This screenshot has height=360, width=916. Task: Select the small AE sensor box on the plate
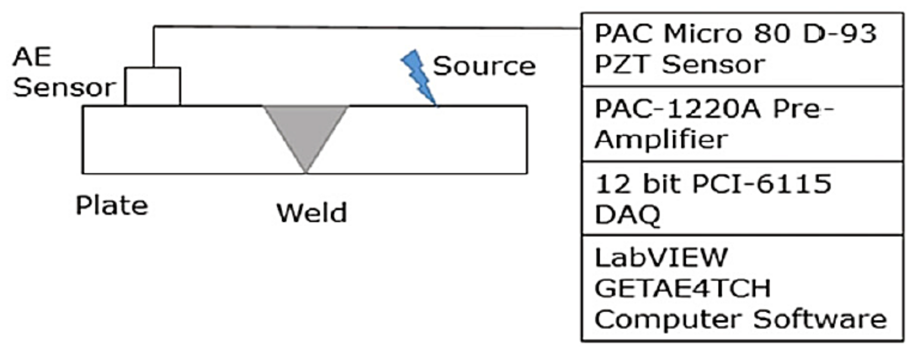pyautogui.click(x=153, y=86)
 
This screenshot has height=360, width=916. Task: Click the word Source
pyautogui.click(x=484, y=66)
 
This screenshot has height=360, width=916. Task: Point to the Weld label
pyautogui.click(x=312, y=213)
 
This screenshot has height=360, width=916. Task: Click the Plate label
pyautogui.click(x=112, y=205)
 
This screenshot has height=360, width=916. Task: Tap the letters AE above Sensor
pyautogui.click(x=32, y=57)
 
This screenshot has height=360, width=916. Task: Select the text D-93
pyautogui.click(x=839, y=34)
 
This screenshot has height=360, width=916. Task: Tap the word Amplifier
pyautogui.click(x=661, y=139)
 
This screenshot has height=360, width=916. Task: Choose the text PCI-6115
pyautogui.click(x=762, y=184)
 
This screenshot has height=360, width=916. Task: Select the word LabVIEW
pyautogui.click(x=661, y=257)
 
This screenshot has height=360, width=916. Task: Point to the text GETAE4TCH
pyautogui.click(x=683, y=288)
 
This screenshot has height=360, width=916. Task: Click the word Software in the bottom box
pyautogui.click(x=820, y=319)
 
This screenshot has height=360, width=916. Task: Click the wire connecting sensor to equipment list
pyautogui.click(x=365, y=27)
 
